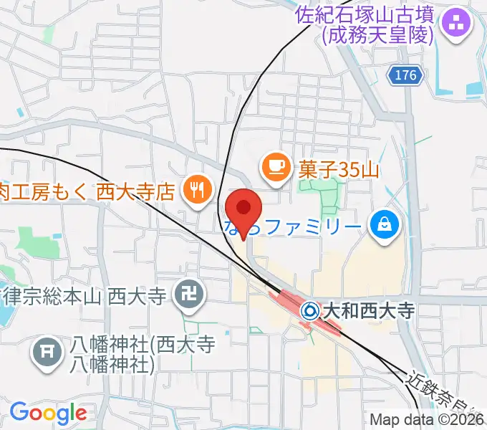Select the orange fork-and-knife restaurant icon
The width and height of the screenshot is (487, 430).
tap(194, 190)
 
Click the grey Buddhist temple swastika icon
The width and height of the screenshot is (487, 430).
tap(188, 295)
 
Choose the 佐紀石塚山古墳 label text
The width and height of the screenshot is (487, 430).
tap(367, 14)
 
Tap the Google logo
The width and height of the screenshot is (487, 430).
tap(48, 413)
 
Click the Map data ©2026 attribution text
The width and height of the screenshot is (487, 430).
tap(427, 420)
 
